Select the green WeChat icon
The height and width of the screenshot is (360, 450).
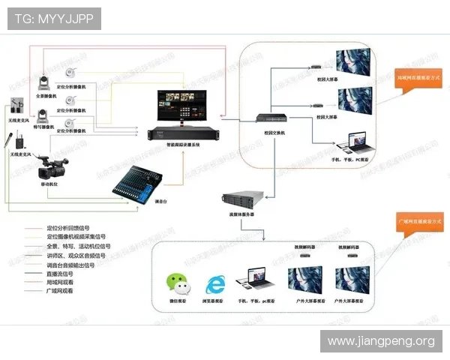178,283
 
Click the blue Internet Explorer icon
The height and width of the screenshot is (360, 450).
216,284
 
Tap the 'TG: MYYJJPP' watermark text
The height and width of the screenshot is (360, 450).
54,18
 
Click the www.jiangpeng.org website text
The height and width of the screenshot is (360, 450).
381,341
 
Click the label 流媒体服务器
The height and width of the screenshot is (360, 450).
241,214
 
